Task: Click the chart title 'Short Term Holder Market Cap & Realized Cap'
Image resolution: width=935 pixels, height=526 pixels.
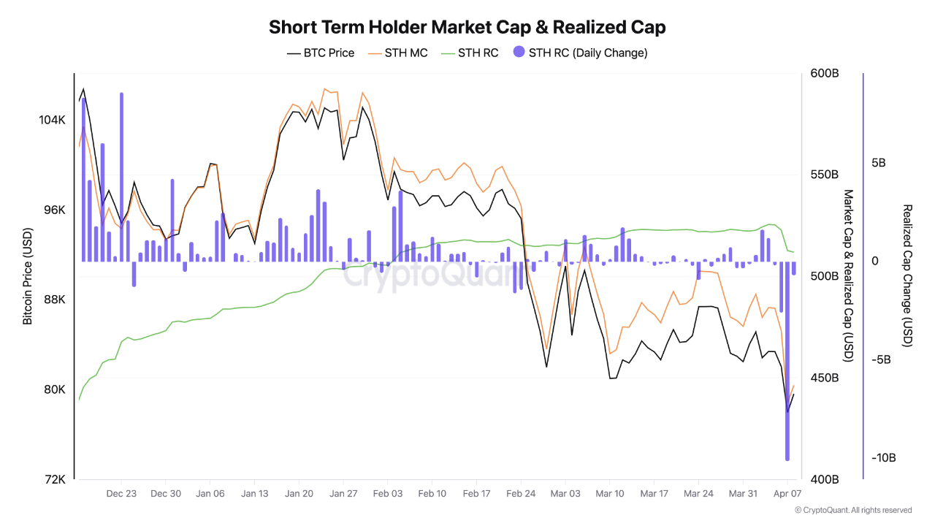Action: (x=467, y=27)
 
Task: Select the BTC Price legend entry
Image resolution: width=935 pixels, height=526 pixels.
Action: (x=321, y=53)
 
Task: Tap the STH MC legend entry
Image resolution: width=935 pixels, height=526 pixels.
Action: (x=398, y=53)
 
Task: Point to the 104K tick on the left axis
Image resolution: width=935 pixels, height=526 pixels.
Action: (x=53, y=120)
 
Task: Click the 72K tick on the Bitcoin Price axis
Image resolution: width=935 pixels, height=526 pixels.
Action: (x=56, y=479)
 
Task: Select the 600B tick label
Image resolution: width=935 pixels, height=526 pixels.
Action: (x=824, y=74)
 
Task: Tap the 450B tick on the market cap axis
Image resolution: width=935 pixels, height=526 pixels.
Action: (x=824, y=378)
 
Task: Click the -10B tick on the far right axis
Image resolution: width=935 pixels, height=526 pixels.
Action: (x=882, y=458)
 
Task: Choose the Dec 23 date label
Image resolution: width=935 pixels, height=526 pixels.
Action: (x=121, y=494)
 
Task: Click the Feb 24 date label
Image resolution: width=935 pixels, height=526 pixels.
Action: (x=520, y=494)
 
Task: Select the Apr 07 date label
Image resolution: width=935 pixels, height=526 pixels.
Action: (x=787, y=494)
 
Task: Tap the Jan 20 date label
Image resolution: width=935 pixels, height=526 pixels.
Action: (x=299, y=494)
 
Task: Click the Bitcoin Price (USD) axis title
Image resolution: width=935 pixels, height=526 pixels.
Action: (x=28, y=277)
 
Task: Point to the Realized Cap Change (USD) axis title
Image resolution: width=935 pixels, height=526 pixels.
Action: (x=907, y=277)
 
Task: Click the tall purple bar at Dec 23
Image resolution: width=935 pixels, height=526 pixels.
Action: (x=121, y=175)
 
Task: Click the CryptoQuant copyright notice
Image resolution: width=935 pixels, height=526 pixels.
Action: (x=853, y=510)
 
